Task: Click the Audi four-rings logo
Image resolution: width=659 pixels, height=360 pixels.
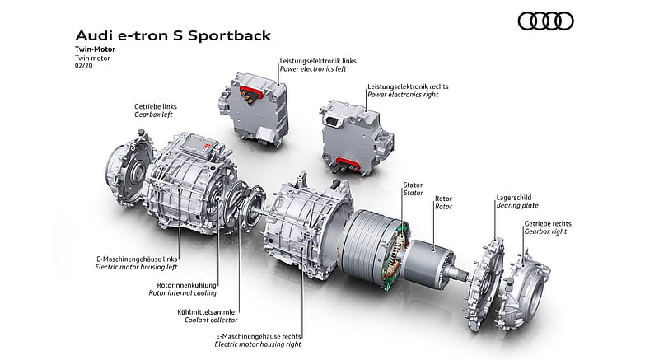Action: (545, 21)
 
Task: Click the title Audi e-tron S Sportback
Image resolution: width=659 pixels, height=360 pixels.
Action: (173, 35)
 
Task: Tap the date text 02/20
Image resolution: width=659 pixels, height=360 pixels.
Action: (84, 66)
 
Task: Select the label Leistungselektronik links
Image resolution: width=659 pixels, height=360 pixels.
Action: (318, 61)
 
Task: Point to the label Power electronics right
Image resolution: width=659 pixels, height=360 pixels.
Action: (403, 95)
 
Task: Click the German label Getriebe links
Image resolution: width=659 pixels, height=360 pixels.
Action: (156, 107)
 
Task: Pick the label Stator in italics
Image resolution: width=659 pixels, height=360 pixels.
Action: (414, 193)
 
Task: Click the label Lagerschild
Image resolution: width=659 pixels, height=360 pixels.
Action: (514, 198)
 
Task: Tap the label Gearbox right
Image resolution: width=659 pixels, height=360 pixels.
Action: (545, 231)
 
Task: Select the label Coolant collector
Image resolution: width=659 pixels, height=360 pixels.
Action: (211, 320)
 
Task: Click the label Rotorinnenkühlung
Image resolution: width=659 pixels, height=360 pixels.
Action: (187, 285)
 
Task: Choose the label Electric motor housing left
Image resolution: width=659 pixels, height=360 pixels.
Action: (136, 267)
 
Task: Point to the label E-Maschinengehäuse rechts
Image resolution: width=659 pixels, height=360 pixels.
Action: (259, 336)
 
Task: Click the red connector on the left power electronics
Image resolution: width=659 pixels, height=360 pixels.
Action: (251, 92)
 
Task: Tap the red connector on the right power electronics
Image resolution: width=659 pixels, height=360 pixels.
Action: (348, 164)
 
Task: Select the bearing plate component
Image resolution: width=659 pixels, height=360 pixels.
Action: (485, 283)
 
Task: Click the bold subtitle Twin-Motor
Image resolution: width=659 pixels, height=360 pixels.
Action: (95, 49)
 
